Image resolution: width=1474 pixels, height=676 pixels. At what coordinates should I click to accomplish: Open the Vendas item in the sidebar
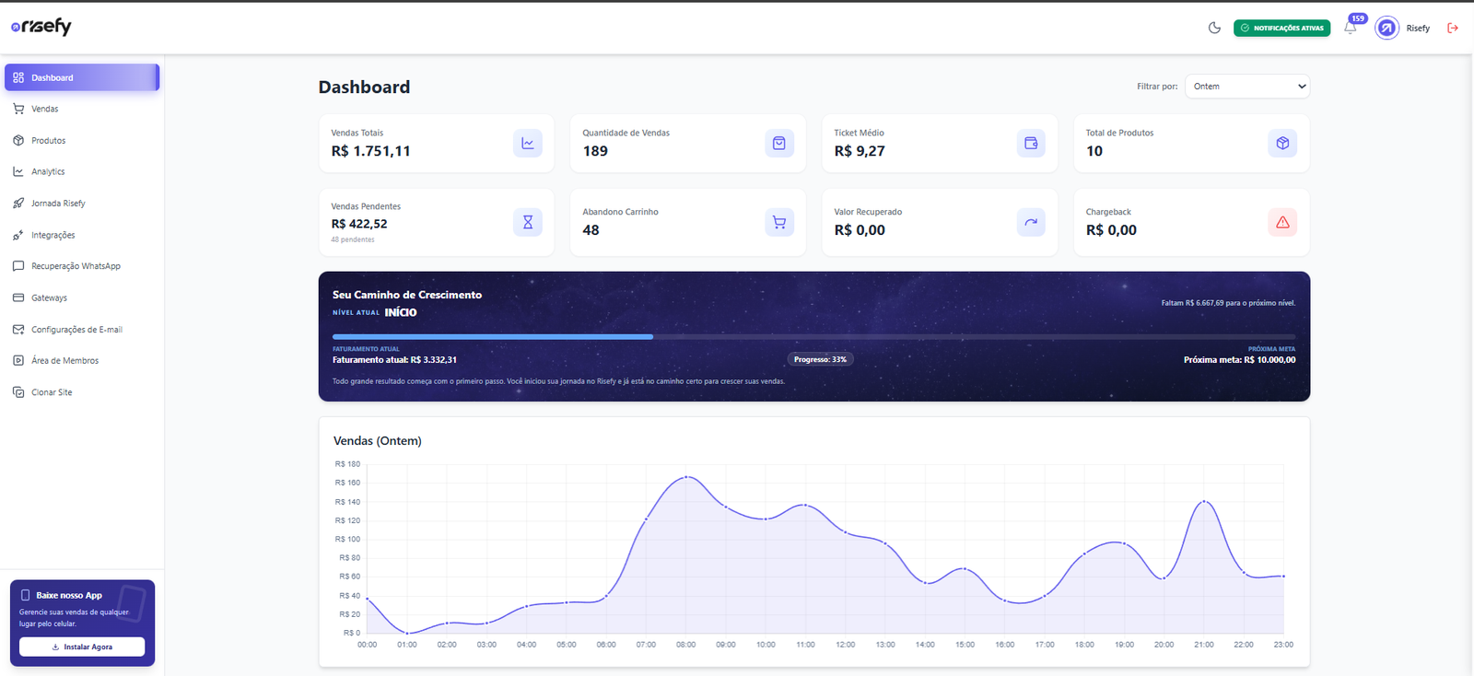tap(44, 109)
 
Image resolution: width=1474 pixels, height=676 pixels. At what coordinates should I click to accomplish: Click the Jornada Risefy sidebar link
tap(57, 204)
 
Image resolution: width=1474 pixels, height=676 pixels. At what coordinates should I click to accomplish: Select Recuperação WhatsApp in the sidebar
tap(76, 266)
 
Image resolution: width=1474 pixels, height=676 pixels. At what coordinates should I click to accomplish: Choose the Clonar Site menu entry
tap(52, 392)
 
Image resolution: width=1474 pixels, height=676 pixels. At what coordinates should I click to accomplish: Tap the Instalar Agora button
tap(82, 647)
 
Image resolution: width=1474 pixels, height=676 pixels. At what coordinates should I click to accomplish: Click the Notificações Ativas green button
tap(1281, 28)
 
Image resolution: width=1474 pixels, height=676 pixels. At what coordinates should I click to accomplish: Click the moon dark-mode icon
tap(1214, 28)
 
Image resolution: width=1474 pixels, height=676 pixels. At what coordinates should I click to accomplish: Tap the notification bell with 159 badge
tap(1351, 28)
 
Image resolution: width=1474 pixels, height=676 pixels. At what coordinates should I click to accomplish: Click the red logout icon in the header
tap(1453, 28)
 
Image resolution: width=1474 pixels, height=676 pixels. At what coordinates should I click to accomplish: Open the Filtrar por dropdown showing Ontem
tap(1246, 87)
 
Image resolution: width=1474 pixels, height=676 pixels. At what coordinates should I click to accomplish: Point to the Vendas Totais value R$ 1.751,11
tap(370, 151)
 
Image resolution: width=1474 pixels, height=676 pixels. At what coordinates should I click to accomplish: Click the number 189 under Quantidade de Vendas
tap(595, 151)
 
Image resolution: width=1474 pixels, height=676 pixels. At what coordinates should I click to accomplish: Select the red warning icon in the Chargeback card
tap(1282, 222)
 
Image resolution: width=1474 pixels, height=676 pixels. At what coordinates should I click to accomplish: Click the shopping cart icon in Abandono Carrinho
tap(779, 222)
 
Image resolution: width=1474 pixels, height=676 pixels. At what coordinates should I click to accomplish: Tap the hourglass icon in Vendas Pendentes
tap(528, 222)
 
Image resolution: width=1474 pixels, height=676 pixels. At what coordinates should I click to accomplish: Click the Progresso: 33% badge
tap(820, 359)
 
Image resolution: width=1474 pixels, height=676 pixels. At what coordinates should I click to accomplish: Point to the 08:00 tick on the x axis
tap(685, 645)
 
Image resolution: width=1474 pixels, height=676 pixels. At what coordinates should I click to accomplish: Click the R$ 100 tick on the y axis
tap(347, 540)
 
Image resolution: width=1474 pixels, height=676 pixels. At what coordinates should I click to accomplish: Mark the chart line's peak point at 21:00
tap(1204, 501)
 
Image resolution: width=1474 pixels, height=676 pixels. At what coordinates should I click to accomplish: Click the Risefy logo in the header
tap(41, 27)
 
